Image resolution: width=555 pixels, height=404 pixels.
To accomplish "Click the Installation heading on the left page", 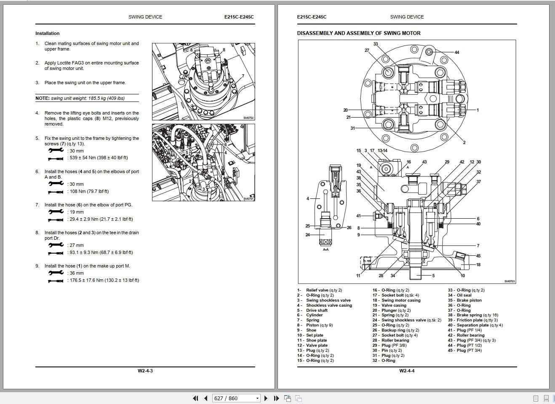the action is point(47,33).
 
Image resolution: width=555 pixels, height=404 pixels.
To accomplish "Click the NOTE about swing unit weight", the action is point(80,98).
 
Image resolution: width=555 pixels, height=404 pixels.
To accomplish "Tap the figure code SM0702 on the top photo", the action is point(249,118).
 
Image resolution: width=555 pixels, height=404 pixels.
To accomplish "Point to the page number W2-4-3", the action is point(145,371).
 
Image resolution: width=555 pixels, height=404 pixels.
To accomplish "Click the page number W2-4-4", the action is point(407,371).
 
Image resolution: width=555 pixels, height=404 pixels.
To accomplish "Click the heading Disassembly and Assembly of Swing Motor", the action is point(358,33).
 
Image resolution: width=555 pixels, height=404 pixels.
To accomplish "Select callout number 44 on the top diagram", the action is point(457,52).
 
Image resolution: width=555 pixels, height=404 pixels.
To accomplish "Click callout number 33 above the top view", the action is point(376,44).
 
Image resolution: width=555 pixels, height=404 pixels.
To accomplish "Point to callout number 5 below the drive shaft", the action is point(433,276).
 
